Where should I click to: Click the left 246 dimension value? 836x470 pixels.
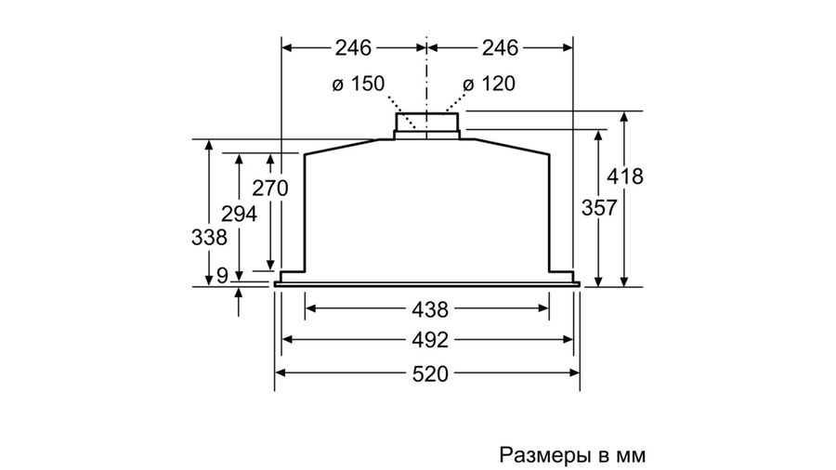[353, 48]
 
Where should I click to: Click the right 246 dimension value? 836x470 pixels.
[500, 48]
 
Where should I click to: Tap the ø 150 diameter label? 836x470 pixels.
[358, 84]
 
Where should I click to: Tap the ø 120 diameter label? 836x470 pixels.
[489, 84]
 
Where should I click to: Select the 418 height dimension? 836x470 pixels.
[625, 176]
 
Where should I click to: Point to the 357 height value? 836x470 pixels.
[599, 207]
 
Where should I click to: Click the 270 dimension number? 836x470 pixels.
[270, 189]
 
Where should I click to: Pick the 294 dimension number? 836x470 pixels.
[240, 215]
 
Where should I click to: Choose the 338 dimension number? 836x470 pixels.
[210, 237]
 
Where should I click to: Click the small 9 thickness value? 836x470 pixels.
[222, 276]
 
